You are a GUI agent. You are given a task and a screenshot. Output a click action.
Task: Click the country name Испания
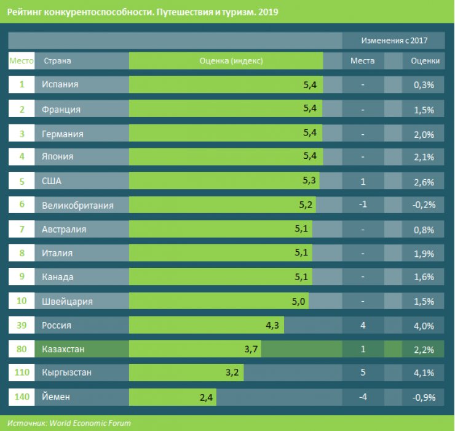coord(60,84)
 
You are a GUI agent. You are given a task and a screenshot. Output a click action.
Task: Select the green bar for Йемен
coord(172,397)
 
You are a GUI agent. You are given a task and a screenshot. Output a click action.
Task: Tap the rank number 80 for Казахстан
coord(22,349)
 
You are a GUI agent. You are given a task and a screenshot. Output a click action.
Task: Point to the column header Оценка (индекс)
coord(231,61)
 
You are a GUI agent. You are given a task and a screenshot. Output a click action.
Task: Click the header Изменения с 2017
coord(394,41)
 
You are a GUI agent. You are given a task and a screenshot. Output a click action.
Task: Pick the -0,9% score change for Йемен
coord(424,397)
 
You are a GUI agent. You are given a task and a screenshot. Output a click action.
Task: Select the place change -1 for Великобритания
coord(363,204)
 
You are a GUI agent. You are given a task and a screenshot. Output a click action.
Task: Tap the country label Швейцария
coord(67,301)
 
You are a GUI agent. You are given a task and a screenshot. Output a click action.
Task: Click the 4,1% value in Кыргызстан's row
coord(424,373)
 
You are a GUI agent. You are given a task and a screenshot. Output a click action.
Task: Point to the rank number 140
coord(22,397)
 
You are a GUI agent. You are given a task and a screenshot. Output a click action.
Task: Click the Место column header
coord(21,61)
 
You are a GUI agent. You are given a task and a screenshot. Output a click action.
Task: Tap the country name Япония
coord(57,156)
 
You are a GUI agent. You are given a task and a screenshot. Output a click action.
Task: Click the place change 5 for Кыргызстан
coord(363,373)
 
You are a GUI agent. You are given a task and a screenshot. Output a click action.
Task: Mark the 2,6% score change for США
coord(424,181)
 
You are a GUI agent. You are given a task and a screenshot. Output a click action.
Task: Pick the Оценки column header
coord(424,61)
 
